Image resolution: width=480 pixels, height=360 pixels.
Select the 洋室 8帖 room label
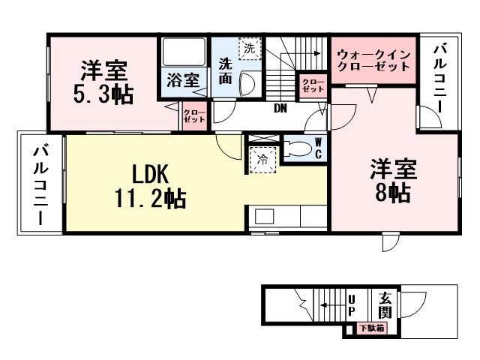click(392, 180)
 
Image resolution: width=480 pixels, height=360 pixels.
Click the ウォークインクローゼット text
click(373, 60)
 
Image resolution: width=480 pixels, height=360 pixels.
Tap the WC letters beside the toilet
click(318, 148)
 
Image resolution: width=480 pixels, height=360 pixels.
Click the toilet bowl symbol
click(297, 148)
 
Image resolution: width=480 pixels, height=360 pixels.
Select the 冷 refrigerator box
click(262, 159)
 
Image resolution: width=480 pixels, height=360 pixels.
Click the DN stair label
click(280, 109)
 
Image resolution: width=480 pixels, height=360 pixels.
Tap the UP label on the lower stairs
click(351, 305)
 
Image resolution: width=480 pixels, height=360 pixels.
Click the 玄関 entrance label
click(385, 304)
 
